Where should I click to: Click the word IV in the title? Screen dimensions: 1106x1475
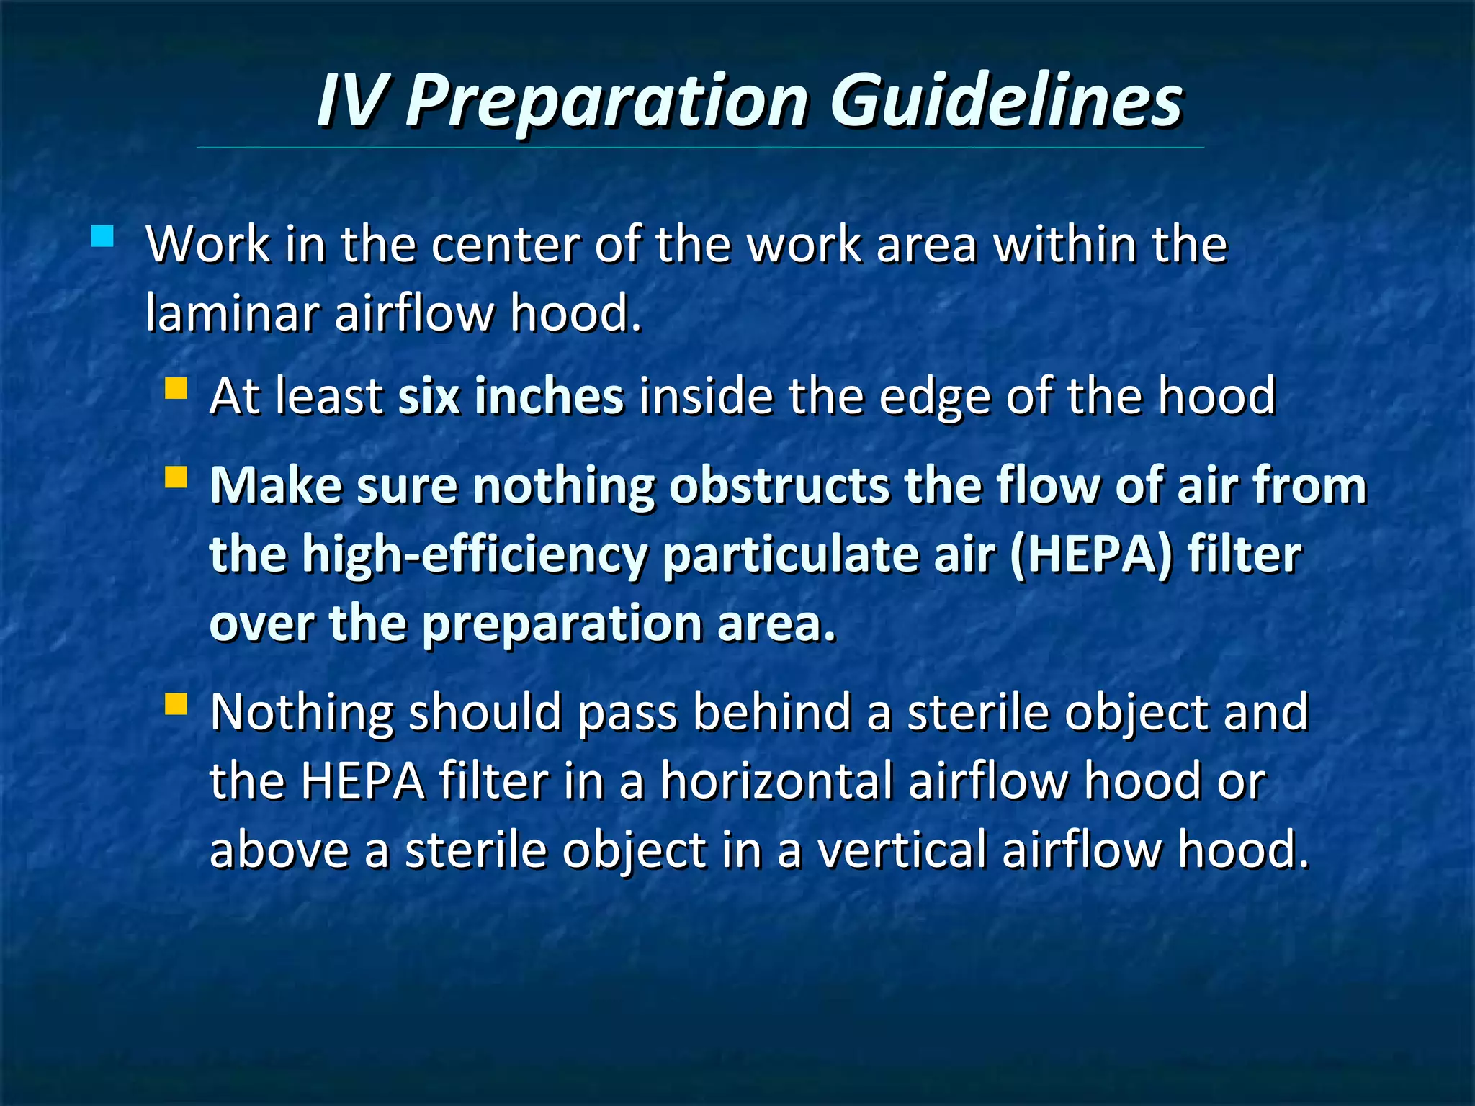point(354,101)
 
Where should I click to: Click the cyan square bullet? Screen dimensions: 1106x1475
point(103,236)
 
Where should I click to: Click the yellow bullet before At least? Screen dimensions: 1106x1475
point(176,389)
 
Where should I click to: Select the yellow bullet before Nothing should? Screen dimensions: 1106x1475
point(176,703)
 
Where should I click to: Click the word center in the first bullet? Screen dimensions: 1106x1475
point(505,246)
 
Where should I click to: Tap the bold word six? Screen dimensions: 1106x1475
point(429,397)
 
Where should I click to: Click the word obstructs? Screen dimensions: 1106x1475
point(779,486)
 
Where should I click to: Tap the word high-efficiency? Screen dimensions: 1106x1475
point(474,555)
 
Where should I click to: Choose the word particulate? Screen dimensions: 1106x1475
point(789,555)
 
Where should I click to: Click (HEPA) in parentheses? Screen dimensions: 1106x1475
point(1090,555)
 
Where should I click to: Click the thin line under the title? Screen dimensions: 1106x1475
point(700,148)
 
